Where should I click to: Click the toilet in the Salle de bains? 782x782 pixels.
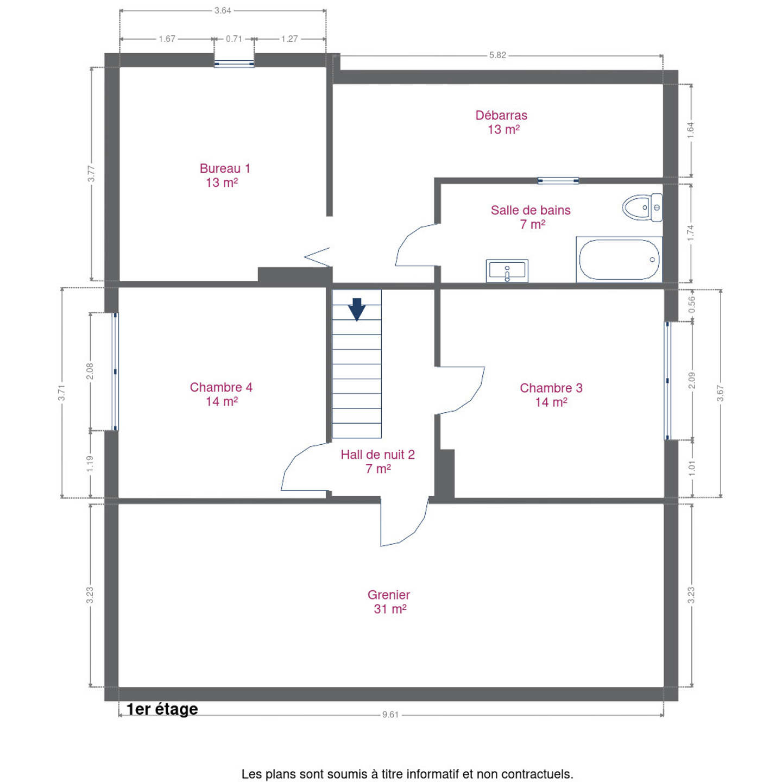click(x=642, y=207)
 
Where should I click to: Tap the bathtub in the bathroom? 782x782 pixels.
click(x=619, y=260)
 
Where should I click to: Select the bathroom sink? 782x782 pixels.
click(x=507, y=270)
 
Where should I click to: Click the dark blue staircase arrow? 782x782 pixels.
click(x=357, y=310)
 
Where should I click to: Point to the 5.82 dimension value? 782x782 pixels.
click(x=497, y=55)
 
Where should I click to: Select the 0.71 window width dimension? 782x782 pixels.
click(x=234, y=39)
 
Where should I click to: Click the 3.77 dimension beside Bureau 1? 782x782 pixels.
click(x=92, y=174)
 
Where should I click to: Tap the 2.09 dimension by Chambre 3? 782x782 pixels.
click(x=691, y=380)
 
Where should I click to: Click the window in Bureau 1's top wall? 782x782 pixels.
click(x=234, y=64)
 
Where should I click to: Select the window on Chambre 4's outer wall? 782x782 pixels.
click(x=115, y=371)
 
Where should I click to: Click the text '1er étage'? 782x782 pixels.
click(x=162, y=709)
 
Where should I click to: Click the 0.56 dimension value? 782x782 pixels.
click(x=691, y=304)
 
